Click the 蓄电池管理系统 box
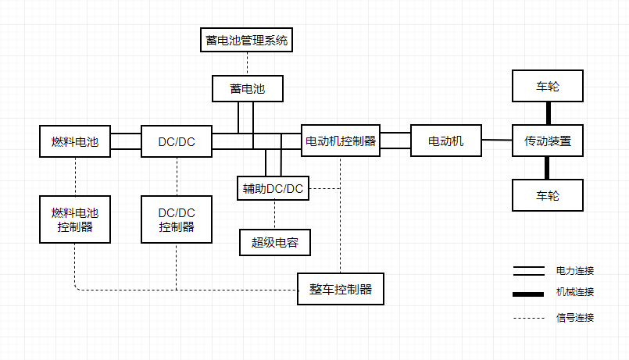tap(247, 40)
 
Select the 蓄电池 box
tap(247, 88)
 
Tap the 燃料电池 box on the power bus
tap(75, 141)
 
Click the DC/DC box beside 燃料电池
tap(177, 141)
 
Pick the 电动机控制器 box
tap(341, 141)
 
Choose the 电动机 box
tap(446, 141)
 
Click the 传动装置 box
tap(548, 141)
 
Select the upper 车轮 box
tap(548, 86)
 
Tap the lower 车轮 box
tap(548, 195)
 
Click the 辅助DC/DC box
tap(273, 188)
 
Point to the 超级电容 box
tap(274, 242)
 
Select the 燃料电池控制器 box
tap(75, 219)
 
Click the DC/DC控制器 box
tap(177, 219)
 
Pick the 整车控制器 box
tap(341, 290)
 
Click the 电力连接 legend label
tap(575, 271)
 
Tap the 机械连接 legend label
tap(575, 292)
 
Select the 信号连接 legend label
tap(575, 317)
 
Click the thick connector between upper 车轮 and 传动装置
tap(548, 113)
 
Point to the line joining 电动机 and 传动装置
tap(497, 141)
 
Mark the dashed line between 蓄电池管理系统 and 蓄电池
tap(247, 63)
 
